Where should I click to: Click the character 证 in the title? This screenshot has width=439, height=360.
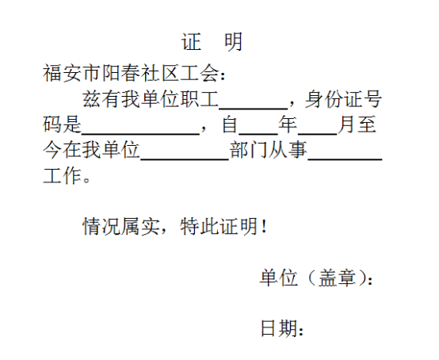click(192, 42)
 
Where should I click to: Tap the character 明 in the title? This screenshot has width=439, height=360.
click(234, 42)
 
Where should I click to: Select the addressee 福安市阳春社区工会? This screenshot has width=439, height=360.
click(131, 73)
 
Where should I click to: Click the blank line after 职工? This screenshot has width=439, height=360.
click(254, 108)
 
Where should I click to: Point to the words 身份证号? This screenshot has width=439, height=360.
click(343, 99)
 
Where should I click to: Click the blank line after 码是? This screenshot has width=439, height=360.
click(140, 134)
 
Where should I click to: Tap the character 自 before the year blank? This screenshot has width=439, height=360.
click(230, 124)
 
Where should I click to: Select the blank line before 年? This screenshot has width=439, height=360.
click(258, 134)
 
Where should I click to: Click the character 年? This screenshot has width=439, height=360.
click(288, 124)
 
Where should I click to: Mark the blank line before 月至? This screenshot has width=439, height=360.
click(318, 134)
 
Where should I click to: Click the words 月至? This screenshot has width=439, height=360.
click(357, 124)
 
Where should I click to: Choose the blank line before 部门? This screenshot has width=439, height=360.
click(185, 159)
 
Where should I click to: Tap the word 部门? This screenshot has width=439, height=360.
click(249, 150)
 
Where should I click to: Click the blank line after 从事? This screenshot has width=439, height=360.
click(345, 159)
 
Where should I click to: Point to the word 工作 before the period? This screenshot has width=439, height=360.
click(62, 176)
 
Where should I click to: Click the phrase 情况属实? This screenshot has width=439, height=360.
click(121, 226)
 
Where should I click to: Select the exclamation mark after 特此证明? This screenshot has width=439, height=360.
click(263, 227)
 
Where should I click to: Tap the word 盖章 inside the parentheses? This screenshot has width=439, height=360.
click(337, 278)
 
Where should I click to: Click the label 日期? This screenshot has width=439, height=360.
click(279, 328)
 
